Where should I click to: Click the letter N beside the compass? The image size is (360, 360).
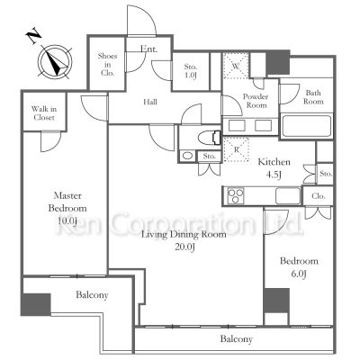click(x=34, y=36)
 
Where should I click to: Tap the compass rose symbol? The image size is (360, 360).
click(x=55, y=62)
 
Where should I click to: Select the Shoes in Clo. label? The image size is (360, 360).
click(x=107, y=64)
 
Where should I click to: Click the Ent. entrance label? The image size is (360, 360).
click(x=149, y=49)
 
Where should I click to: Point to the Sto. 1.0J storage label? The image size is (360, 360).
click(x=191, y=71)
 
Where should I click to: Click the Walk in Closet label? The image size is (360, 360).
click(x=44, y=113)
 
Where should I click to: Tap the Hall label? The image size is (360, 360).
click(x=150, y=102)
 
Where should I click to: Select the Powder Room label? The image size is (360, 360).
click(x=256, y=101)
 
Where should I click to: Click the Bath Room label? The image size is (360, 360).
click(x=313, y=97)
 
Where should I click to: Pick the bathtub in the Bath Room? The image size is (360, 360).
click(x=307, y=126)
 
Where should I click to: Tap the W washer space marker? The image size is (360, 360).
click(x=236, y=66)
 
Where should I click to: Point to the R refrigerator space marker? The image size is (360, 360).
click(x=237, y=149)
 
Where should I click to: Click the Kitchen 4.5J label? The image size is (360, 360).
click(x=274, y=168)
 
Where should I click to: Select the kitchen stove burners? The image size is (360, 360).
click(x=236, y=196)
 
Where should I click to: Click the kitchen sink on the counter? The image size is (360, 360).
click(x=288, y=195)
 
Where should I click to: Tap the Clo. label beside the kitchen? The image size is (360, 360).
click(x=319, y=196)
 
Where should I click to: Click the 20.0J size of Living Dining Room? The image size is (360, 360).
click(x=184, y=247)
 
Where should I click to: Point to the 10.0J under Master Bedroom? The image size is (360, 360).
click(x=67, y=221)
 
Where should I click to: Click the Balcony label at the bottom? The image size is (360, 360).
click(x=237, y=339)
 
